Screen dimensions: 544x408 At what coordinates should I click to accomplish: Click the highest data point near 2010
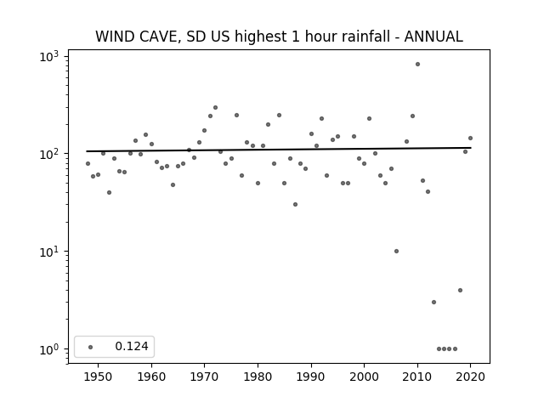417,65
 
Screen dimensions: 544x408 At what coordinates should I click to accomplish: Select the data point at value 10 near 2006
397,252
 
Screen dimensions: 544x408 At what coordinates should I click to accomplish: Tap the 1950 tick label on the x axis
99,377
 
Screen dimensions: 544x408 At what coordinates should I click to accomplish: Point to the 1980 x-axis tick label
258,377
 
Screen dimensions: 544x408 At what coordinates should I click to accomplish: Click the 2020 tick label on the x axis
471,377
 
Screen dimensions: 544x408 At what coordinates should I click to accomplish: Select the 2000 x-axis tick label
365,377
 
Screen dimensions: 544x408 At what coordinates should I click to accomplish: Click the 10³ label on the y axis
49,57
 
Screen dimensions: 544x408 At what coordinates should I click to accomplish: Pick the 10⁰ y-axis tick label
49,349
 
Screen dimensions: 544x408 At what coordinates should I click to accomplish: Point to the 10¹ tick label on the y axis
49,252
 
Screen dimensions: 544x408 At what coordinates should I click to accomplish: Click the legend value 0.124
132,346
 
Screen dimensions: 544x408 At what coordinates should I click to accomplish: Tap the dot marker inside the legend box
91,347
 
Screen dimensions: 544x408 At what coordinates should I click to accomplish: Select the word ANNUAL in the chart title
433,37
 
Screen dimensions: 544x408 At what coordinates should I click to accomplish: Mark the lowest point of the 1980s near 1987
295,204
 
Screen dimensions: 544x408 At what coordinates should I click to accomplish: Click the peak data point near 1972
215,108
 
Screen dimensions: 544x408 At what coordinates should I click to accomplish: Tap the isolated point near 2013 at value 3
433,303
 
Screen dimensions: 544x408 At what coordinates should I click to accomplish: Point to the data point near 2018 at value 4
461,291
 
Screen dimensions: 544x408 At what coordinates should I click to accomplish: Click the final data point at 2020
471,138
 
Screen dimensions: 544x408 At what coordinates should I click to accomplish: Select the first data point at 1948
88,163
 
